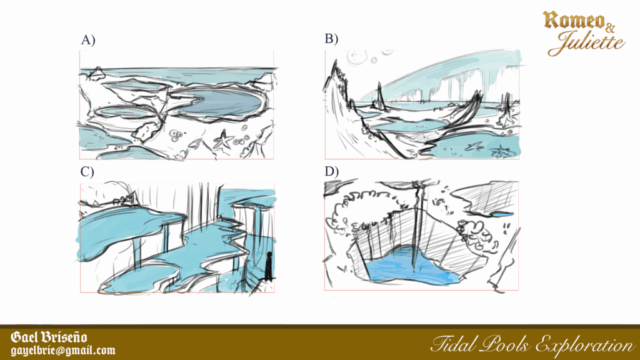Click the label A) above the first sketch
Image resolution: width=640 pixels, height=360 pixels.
[88, 40]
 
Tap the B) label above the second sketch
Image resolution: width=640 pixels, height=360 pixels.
[331, 39]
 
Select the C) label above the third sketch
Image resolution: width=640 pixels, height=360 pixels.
[87, 171]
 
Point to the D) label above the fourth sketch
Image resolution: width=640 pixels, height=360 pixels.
[332, 171]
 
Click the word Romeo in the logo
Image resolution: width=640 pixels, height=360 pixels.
[573, 20]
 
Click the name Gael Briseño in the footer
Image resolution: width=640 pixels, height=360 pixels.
[49, 338]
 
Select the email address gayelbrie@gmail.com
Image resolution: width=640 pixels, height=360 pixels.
[63, 351]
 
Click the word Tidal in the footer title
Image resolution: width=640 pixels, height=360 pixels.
[454, 344]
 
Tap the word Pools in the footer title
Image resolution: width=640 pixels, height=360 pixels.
[506, 344]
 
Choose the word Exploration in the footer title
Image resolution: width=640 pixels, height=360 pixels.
[584, 345]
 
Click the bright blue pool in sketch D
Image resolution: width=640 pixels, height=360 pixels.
[412, 267]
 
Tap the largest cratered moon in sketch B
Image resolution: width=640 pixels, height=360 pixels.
[357, 57]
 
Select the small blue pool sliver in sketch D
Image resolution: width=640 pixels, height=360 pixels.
[499, 213]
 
